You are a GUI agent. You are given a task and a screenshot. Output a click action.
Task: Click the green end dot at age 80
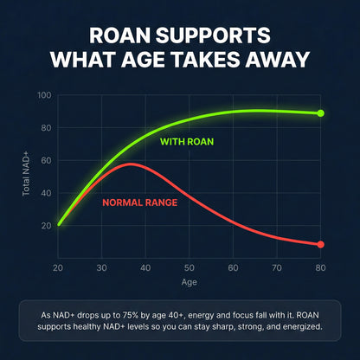click(x=320, y=113)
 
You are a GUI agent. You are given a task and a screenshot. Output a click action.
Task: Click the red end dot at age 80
click(x=320, y=244)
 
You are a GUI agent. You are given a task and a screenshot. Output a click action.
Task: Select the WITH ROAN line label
click(x=187, y=142)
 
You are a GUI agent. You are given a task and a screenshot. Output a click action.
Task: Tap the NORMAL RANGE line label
click(x=140, y=202)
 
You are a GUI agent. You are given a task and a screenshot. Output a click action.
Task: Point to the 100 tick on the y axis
click(x=44, y=95)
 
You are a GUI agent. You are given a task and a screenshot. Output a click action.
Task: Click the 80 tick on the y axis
click(x=46, y=127)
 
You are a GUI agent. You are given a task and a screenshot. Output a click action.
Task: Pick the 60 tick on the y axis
click(x=46, y=160)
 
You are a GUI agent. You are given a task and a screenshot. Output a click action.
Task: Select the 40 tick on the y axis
click(x=46, y=193)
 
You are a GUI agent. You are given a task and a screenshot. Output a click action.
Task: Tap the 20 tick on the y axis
click(x=46, y=226)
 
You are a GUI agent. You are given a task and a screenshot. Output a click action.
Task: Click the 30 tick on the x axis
click(x=102, y=268)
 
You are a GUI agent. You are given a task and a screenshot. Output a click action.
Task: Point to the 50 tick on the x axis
click(x=190, y=268)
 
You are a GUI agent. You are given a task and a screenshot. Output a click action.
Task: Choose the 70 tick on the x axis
click(x=277, y=268)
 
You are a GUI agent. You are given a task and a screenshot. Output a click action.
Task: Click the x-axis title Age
click(x=190, y=282)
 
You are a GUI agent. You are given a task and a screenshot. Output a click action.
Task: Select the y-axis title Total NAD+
click(x=26, y=175)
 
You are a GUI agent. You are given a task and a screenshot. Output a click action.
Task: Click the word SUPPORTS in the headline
click(x=213, y=35)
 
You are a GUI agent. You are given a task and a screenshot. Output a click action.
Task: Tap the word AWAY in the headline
click(x=277, y=60)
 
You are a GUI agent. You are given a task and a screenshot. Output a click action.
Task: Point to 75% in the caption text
click(x=130, y=315)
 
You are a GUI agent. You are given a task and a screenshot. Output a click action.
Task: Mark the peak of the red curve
click(x=131, y=164)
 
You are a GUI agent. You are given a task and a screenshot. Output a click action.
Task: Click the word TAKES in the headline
click(x=206, y=60)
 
